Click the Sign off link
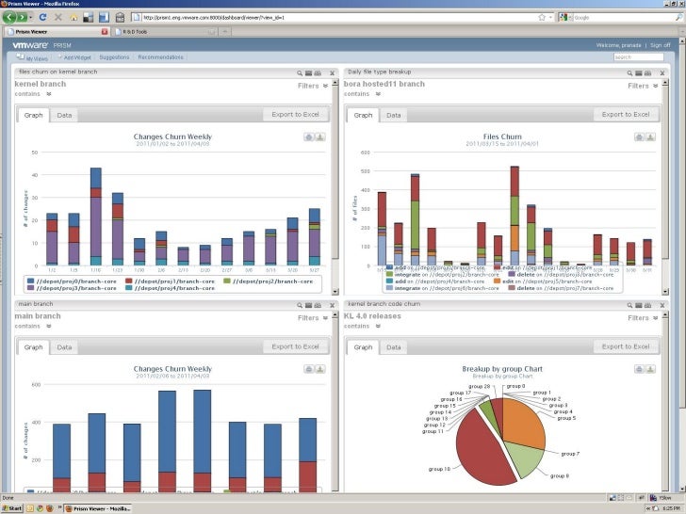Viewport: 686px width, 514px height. [661, 45]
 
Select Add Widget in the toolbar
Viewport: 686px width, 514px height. [77, 57]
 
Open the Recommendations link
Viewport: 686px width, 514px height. [160, 57]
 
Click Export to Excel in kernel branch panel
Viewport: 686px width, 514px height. [296, 115]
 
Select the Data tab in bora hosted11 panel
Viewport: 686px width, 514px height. [393, 115]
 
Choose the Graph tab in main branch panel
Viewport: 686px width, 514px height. [34, 346]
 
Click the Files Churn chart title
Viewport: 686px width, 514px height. [501, 137]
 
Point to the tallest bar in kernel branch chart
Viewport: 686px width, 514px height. [95, 217]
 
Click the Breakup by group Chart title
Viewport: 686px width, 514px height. [501, 368]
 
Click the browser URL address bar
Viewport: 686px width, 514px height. [339, 17]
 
